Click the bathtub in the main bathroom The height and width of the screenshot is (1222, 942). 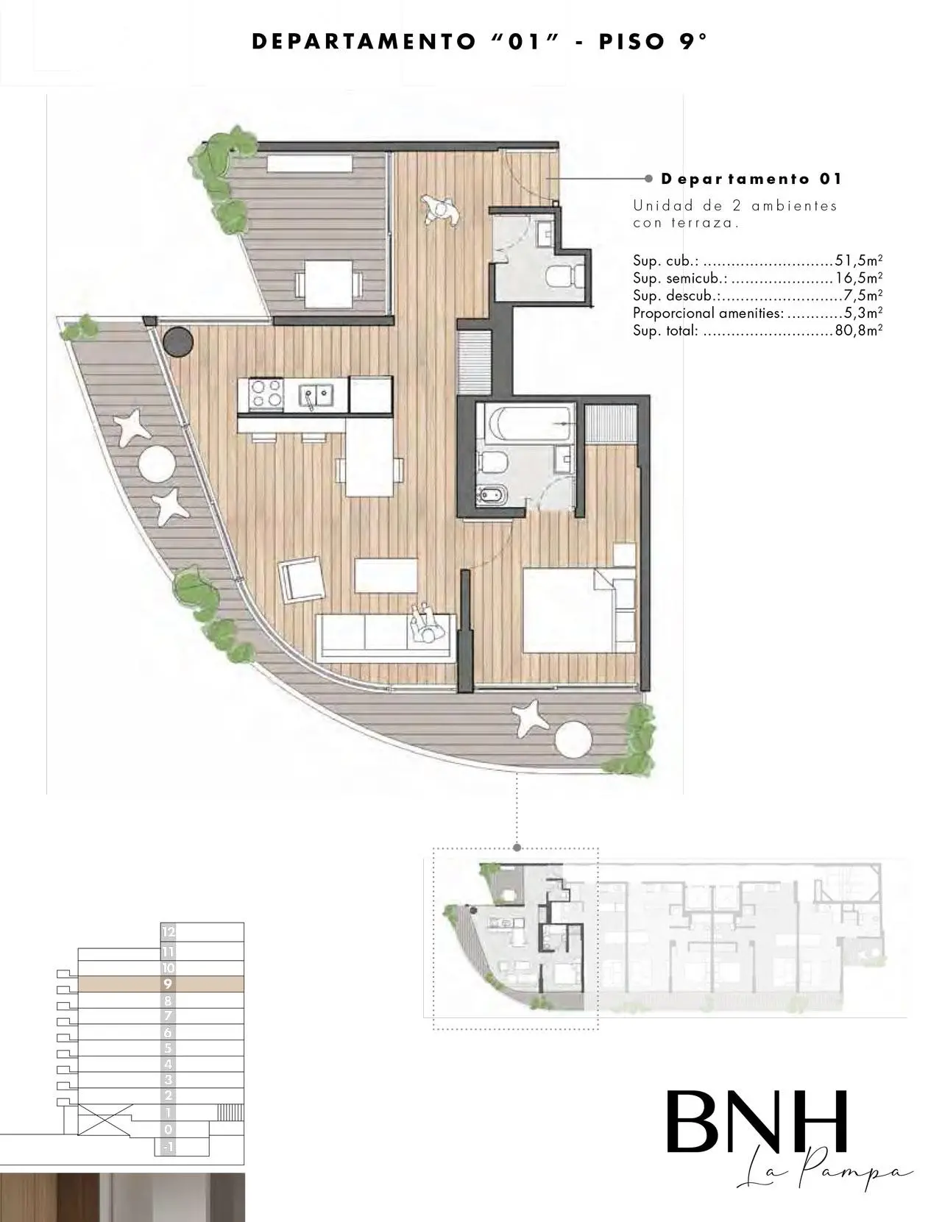pyautogui.click(x=530, y=424)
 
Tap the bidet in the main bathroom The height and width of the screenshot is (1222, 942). pyautogui.click(x=492, y=495)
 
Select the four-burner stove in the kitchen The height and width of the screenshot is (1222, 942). pyautogui.click(x=266, y=393)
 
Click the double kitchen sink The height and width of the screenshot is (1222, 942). pyautogui.click(x=316, y=395)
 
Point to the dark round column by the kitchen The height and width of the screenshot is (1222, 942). pyautogui.click(x=178, y=341)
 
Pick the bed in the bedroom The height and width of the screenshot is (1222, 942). pyautogui.click(x=579, y=610)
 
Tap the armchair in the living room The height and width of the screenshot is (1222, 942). pyautogui.click(x=302, y=580)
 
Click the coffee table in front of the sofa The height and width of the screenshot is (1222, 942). pyautogui.click(x=386, y=575)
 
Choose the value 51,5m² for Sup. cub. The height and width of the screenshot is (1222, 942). pyautogui.click(x=858, y=260)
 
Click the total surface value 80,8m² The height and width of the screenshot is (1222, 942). pyautogui.click(x=858, y=330)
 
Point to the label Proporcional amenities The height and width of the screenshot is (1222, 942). pyautogui.click(x=708, y=313)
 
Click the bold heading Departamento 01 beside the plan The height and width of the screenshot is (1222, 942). pyautogui.click(x=751, y=179)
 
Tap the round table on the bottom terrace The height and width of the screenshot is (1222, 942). pyautogui.click(x=573, y=739)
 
